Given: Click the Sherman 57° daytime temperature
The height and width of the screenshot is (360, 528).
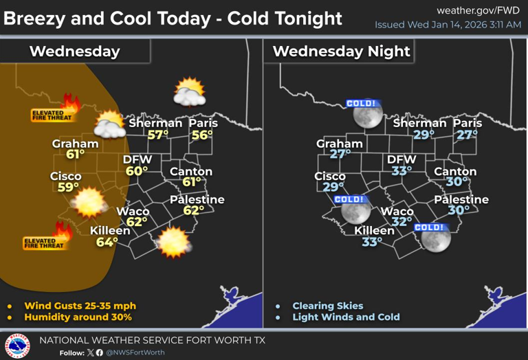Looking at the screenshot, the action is click(157, 135).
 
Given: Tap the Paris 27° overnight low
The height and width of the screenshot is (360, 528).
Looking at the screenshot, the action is click(467, 135).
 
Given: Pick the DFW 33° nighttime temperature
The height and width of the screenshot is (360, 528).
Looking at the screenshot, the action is click(401, 170).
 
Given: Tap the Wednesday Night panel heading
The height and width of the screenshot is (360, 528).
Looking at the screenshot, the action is click(341, 51).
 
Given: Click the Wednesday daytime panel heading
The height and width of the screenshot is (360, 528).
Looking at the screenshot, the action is click(74, 51).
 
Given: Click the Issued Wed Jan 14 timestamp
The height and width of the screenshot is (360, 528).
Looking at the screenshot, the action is click(448, 25).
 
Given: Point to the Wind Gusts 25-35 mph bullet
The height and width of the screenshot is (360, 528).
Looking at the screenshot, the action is click(80, 306).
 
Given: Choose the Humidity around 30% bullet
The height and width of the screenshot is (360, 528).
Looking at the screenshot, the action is click(78, 317).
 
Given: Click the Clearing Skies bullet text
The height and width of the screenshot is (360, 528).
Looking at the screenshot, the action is click(327, 306).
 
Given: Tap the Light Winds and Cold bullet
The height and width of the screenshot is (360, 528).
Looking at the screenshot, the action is click(346, 317).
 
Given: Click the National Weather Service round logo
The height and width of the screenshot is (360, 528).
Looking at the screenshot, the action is click(17, 346).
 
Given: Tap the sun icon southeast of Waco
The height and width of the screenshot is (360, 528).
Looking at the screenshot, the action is click(173, 242).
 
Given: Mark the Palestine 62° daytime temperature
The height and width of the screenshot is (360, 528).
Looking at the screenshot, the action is click(193, 211).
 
